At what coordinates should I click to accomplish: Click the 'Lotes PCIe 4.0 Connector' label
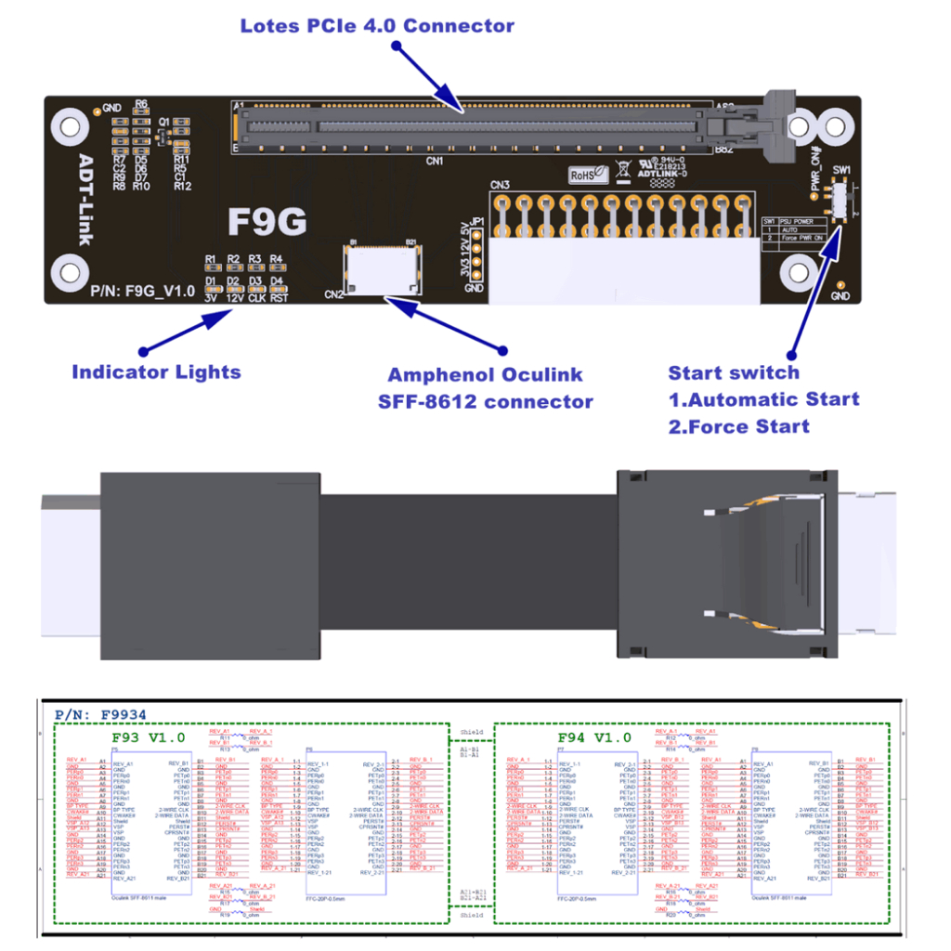[x=376, y=25]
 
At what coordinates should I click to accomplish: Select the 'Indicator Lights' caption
[x=156, y=372]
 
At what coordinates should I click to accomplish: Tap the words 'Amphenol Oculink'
[x=485, y=375]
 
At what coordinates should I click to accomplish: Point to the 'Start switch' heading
[x=733, y=372]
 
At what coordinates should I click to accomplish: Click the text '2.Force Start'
[x=738, y=426]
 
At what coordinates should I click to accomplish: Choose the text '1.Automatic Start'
[x=763, y=399]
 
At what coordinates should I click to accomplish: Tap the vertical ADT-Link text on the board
[x=85, y=200]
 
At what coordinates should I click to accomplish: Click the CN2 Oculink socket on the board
[x=384, y=269]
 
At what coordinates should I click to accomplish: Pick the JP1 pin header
[x=475, y=257]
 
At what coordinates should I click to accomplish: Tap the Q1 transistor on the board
[x=164, y=136]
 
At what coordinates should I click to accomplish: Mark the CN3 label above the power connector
[x=501, y=184]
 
